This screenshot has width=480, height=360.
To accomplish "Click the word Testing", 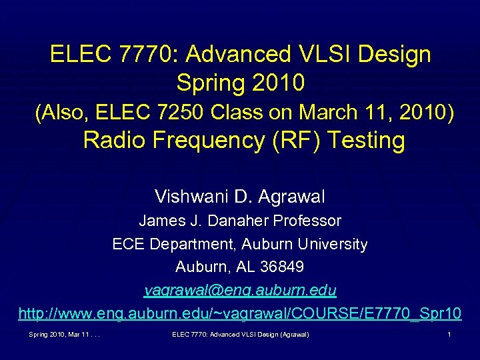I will click(360, 141).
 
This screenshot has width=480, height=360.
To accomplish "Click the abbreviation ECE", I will click(127, 245).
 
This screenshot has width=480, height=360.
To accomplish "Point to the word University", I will click(333, 245).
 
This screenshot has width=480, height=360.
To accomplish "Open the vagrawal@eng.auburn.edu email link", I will click(240, 291).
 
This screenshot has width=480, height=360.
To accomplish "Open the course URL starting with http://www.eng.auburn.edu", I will click(240, 313).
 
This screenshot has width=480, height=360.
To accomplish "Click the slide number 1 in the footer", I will click(450, 333).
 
